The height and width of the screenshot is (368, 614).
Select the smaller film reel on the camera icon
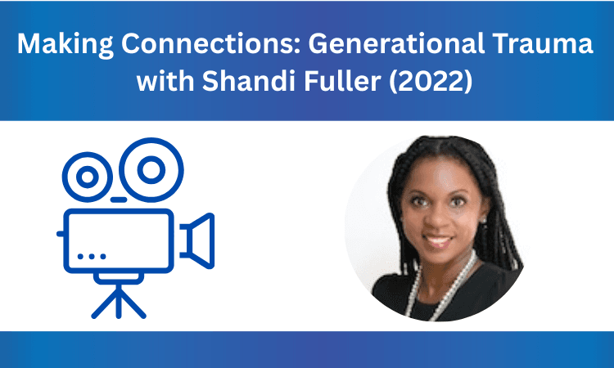click(x=87, y=176)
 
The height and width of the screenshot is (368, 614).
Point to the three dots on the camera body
click(x=91, y=256)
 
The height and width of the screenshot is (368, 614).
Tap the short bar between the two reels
click(x=119, y=199)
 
